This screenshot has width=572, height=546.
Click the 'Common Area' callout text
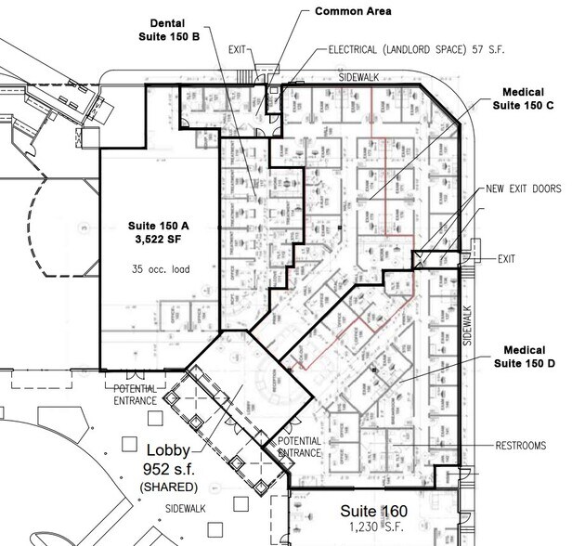pyautogui.click(x=354, y=11)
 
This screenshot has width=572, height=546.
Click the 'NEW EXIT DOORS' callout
pyautogui.click(x=523, y=188)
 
